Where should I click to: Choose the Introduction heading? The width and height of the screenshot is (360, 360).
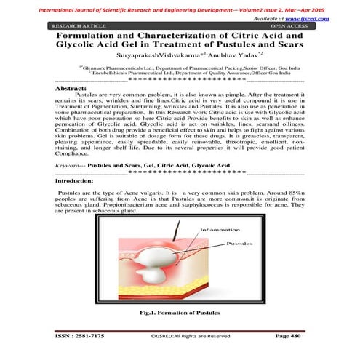pos(75,180)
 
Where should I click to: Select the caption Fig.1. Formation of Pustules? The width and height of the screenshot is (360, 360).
pos(180,312)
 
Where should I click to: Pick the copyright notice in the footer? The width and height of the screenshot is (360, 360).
pos(190,337)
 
